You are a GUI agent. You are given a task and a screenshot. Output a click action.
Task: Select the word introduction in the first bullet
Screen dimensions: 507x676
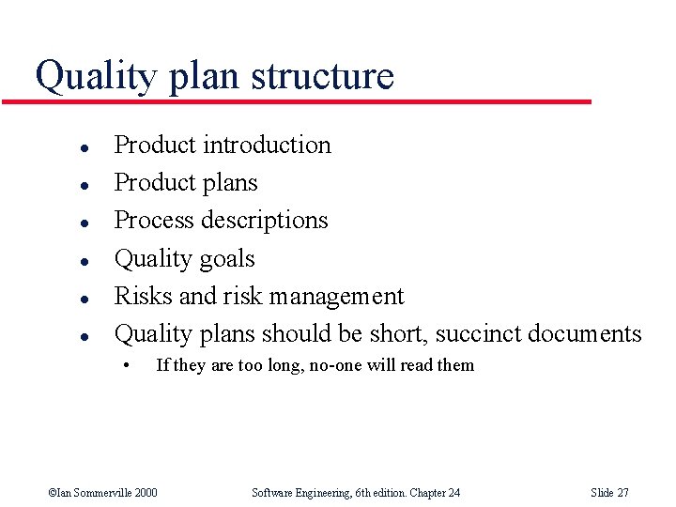(x=267, y=145)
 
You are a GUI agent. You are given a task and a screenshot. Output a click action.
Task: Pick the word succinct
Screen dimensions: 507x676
(x=477, y=333)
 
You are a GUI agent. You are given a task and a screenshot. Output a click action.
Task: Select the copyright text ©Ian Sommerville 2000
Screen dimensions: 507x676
(x=102, y=492)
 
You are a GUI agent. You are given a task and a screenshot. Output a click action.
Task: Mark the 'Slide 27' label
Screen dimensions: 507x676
(x=609, y=492)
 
